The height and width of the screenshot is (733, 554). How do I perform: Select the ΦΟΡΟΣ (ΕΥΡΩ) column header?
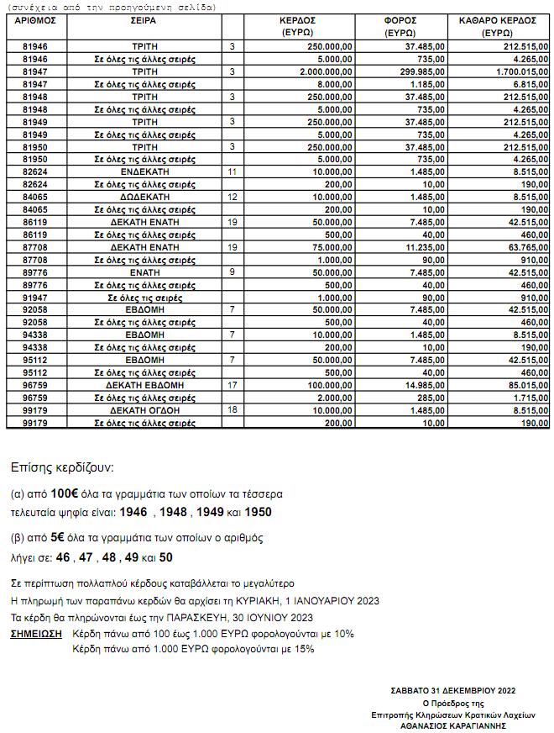(400, 25)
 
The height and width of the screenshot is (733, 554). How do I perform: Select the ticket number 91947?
(35, 298)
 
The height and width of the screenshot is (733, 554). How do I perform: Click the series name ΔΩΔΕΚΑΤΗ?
(144, 197)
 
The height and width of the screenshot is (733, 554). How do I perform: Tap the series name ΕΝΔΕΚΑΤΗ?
(144, 171)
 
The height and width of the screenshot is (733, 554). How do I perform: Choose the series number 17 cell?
(233, 385)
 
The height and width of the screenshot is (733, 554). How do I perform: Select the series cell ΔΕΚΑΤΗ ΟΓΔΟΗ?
(144, 410)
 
